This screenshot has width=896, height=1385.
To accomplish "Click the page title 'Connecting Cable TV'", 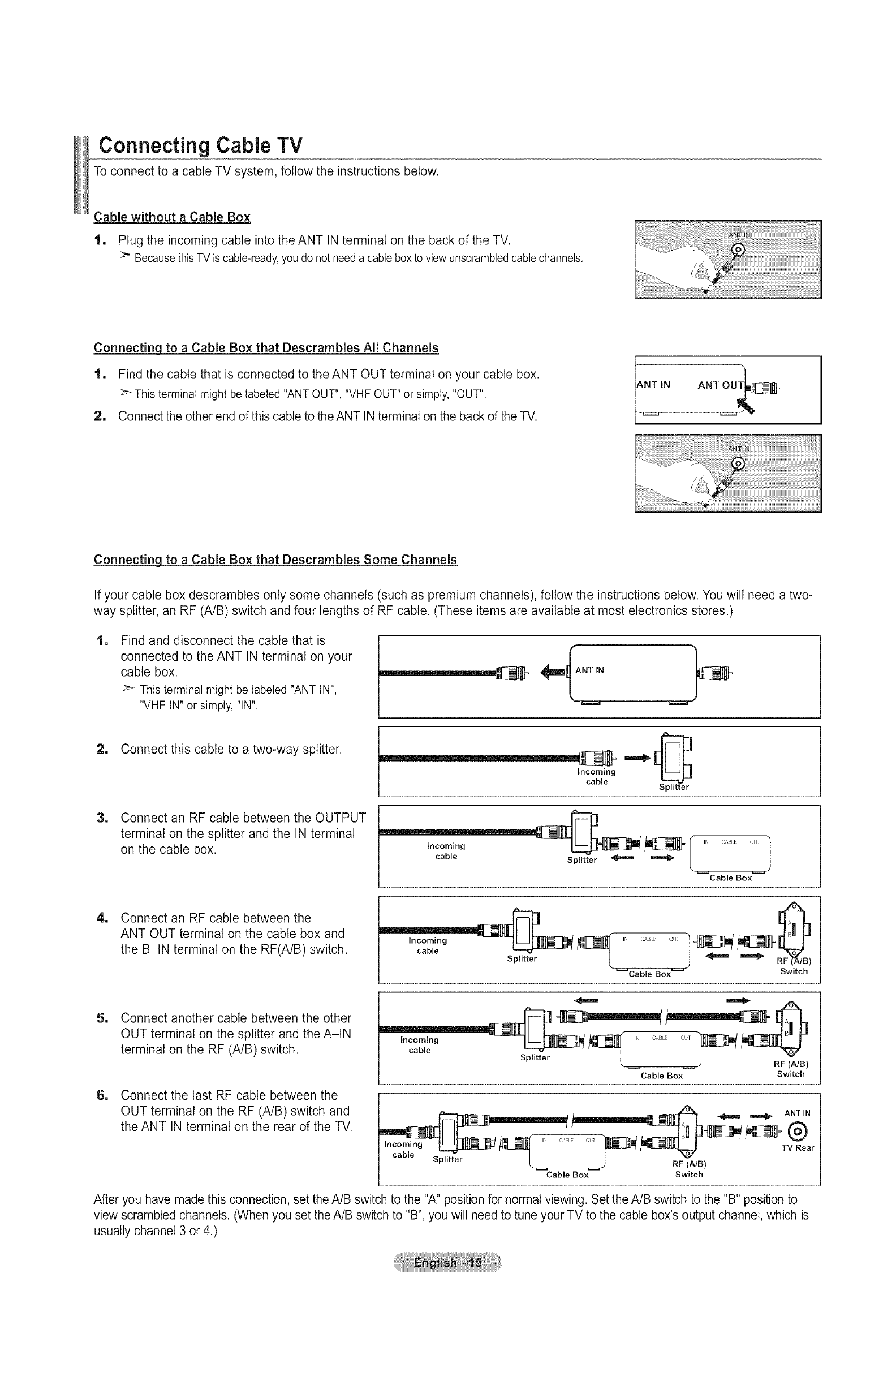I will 200,144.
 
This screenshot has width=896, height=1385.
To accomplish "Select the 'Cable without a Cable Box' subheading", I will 172,217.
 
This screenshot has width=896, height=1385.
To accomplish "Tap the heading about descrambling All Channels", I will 266,348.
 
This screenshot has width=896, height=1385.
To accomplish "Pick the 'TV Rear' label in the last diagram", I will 797,1147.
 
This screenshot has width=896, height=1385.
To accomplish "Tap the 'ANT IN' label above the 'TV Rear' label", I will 797,1113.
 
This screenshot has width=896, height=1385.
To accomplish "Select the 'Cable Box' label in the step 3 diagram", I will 730,878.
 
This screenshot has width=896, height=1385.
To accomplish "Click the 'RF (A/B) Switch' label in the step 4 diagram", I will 794,966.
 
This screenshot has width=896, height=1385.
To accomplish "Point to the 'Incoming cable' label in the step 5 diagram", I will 419,1044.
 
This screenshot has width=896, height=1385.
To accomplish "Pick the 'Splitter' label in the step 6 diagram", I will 447,1159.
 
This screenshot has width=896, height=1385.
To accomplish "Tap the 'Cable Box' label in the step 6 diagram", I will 567,1175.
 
